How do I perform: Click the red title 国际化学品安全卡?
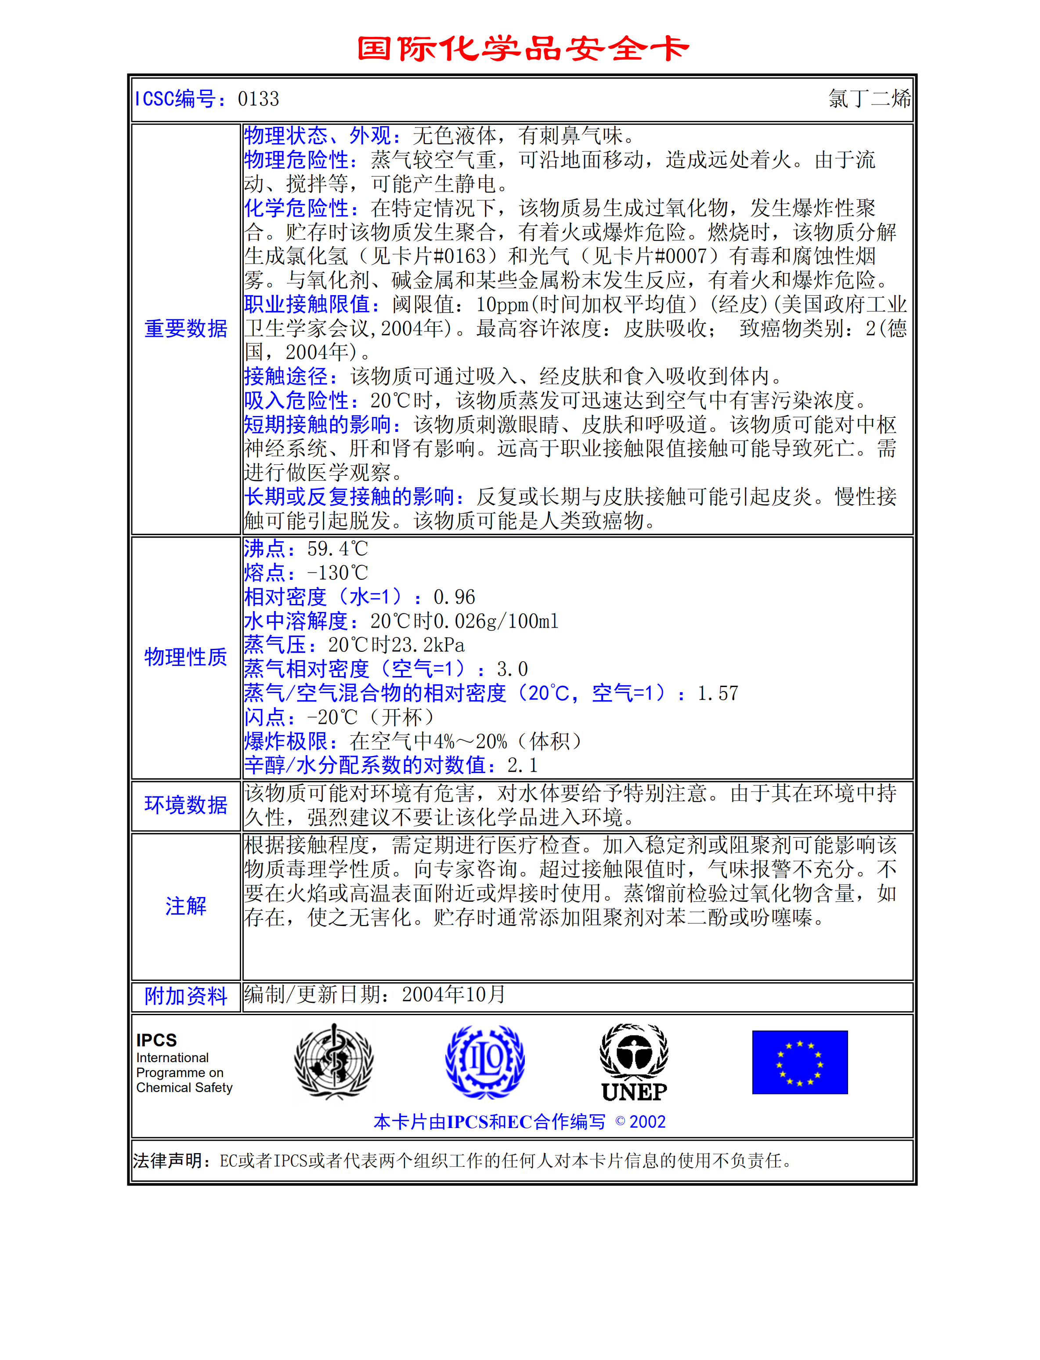coord(523,48)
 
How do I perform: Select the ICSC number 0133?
coord(258,99)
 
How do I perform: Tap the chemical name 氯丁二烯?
coord(869,98)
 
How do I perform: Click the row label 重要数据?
coord(186,329)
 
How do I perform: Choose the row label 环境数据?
coord(186,805)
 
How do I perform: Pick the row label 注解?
coord(186,906)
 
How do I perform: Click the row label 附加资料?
coord(186,996)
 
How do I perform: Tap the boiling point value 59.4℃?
coord(337,549)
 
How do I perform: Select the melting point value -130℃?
coord(337,573)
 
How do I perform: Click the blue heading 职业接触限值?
coord(311,304)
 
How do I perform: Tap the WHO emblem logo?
coord(334,1061)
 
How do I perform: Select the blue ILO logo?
coord(485,1061)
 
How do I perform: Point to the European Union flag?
coord(799,1062)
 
